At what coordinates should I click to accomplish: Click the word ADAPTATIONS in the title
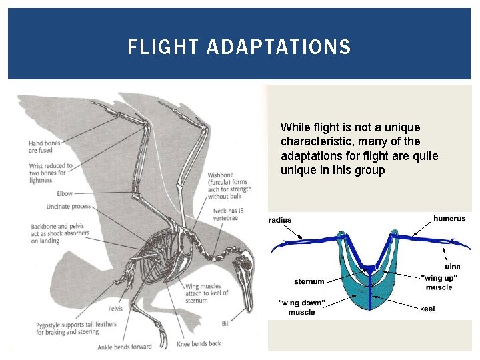tap(279, 47)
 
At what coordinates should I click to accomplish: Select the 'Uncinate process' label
tap(68, 206)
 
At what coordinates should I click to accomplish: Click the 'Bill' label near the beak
tap(226, 323)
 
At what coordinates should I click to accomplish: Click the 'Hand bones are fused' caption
tap(45, 147)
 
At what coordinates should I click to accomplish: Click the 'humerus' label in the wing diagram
tap(449, 219)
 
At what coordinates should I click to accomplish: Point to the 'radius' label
tap(280, 220)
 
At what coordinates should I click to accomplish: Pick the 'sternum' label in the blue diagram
tap(309, 281)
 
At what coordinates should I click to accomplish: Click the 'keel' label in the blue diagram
tap(427, 309)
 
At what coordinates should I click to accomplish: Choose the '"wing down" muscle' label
tap(301, 307)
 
